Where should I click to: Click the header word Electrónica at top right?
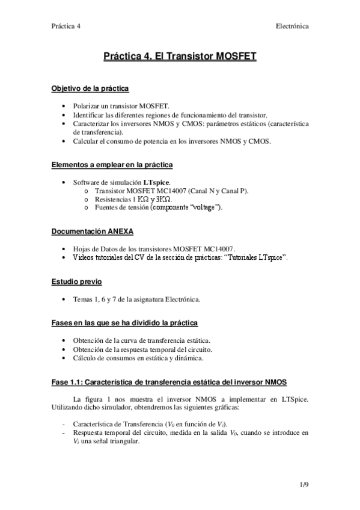pyautogui.click(x=292, y=26)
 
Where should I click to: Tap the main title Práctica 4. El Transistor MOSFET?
pyautogui.click(x=180, y=57)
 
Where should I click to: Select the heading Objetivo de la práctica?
pyautogui.click(x=90, y=88)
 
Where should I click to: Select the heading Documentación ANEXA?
pyautogui.click(x=92, y=231)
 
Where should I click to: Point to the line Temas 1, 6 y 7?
pyautogui.click(x=136, y=299)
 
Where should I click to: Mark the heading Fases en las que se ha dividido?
pyautogui.click(x=124, y=323)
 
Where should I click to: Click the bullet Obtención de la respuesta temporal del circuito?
pyautogui.click(x=142, y=349)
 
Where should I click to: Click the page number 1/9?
pyautogui.click(x=305, y=484)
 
